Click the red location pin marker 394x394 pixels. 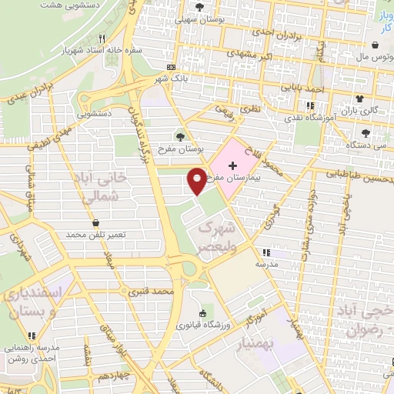pyautogui.click(x=197, y=181)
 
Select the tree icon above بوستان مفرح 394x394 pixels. pyautogui.click(x=181, y=136)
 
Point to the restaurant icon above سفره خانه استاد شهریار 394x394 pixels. pyautogui.click(x=112, y=38)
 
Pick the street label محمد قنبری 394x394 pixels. pyautogui.click(x=149, y=292)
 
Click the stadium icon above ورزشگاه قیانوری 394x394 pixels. pyautogui.click(x=203, y=312)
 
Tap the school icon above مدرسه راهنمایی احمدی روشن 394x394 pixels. pyautogui.click(x=32, y=335)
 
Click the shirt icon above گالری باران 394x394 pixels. pyautogui.click(x=359, y=98)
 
